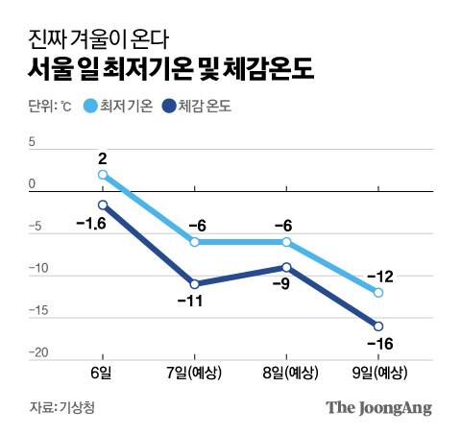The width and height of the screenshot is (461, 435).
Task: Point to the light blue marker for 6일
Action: (x=103, y=175)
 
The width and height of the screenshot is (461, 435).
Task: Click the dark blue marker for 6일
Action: (x=103, y=205)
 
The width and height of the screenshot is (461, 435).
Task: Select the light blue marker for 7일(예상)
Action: (x=195, y=242)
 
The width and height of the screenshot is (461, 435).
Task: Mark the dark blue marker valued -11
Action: (x=195, y=284)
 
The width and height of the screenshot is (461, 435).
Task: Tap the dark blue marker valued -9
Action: (x=286, y=267)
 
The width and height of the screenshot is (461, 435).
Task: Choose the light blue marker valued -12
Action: (x=378, y=292)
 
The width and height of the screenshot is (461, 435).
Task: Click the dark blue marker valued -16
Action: (x=378, y=326)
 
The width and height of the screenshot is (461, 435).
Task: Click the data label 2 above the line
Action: (x=101, y=157)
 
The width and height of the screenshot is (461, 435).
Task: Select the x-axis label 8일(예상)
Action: (x=286, y=371)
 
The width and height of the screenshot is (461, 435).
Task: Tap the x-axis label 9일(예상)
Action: (x=378, y=371)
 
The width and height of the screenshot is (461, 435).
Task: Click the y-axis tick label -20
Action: (x=37, y=353)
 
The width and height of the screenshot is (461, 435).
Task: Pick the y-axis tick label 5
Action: (x=32, y=143)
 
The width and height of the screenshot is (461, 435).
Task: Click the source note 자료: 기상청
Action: (x=61, y=407)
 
